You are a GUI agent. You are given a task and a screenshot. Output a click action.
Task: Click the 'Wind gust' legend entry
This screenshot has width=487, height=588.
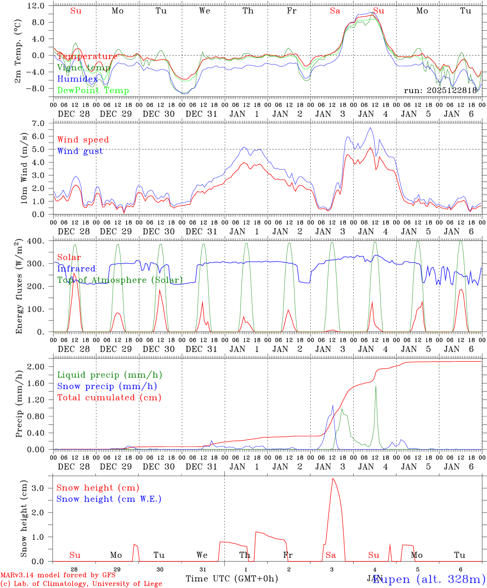[80, 151]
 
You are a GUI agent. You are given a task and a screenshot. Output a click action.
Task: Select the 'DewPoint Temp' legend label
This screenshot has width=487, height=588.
[93, 91]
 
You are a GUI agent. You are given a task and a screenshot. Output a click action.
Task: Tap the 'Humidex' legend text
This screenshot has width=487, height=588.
[77, 79]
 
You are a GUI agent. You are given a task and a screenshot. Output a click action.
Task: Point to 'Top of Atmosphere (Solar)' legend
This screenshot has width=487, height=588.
[120, 280]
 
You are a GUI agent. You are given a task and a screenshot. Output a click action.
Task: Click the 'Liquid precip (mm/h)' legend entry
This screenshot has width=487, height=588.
[109, 375]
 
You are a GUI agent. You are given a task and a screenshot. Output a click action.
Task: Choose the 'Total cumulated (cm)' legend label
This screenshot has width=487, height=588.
[109, 397]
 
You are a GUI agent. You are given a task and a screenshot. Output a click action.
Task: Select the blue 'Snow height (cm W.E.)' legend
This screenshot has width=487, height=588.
[108, 499]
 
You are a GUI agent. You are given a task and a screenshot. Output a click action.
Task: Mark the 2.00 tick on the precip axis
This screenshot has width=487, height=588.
[37, 367]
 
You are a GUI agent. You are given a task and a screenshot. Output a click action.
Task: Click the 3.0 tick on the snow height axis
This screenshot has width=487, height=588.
[42, 488]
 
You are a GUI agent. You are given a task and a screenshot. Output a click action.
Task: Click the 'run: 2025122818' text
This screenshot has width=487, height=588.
[441, 91]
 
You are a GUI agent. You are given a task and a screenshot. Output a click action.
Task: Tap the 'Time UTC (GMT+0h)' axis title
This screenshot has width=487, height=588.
[232, 579]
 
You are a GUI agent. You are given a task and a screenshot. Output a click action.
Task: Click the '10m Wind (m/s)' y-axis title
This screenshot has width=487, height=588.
[24, 168]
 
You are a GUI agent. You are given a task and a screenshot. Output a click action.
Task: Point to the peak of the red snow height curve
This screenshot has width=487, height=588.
[333, 479]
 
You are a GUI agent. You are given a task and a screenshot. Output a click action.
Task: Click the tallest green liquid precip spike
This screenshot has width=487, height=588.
[376, 386]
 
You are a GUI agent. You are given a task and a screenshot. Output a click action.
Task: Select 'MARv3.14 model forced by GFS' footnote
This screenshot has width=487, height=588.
[58, 575]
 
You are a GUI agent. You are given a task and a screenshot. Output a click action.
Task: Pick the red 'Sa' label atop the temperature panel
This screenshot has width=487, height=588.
[335, 11]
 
